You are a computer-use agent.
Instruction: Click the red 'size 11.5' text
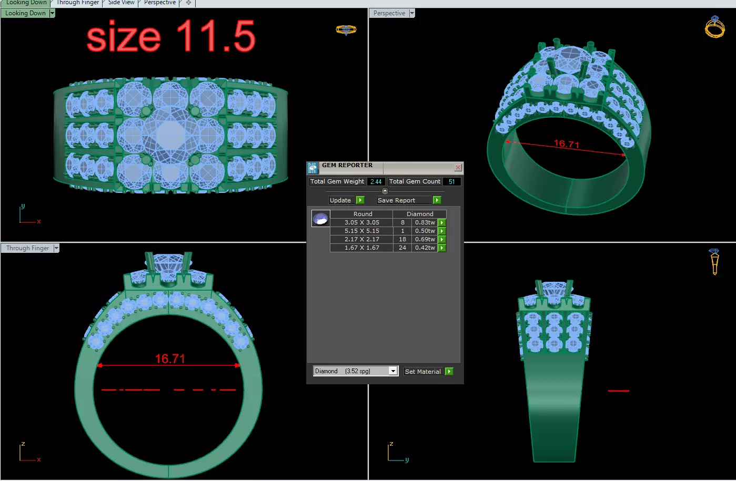tap(170, 37)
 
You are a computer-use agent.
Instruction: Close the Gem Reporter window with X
tap(458, 168)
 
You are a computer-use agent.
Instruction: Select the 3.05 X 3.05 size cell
tap(361, 222)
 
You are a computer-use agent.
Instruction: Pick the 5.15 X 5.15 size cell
tap(361, 231)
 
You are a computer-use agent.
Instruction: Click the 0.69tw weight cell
tap(425, 239)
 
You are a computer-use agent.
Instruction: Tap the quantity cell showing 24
tap(402, 248)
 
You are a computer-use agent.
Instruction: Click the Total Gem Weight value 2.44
tap(376, 182)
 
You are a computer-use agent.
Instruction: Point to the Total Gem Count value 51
tap(451, 182)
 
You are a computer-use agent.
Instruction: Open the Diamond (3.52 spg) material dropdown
tap(392, 371)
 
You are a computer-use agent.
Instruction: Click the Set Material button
tap(423, 372)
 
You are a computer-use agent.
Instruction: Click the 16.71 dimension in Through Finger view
tap(170, 359)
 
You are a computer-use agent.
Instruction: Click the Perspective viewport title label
tap(389, 13)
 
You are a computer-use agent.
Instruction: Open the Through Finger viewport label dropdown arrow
tap(56, 248)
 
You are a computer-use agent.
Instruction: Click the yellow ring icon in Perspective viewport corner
tap(714, 27)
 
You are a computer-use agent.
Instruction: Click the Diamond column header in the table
tap(419, 214)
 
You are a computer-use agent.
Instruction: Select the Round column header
tap(362, 214)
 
